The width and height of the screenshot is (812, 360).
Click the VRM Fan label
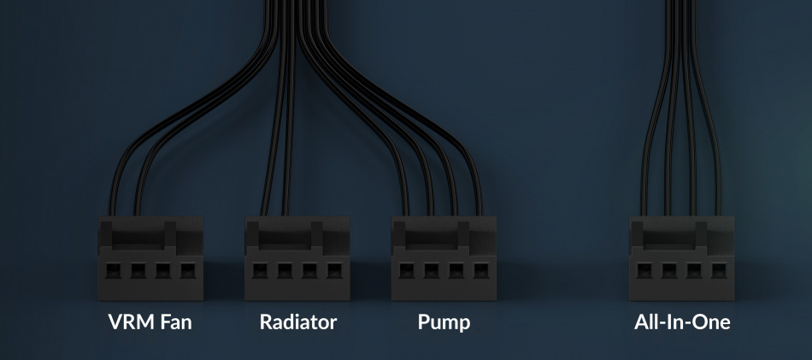[150, 322]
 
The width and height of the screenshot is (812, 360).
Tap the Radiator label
[298, 322]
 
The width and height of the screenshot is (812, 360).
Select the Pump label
[444, 322]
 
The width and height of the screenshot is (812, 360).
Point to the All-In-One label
[682, 322]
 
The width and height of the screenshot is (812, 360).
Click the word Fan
[174, 322]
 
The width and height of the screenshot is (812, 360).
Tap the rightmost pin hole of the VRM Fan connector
[186, 272]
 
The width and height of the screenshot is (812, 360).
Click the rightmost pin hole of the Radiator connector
[332, 272]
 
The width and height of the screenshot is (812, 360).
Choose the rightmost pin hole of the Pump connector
[480, 272]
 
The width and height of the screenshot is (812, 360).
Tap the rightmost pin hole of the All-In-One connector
[718, 272]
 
